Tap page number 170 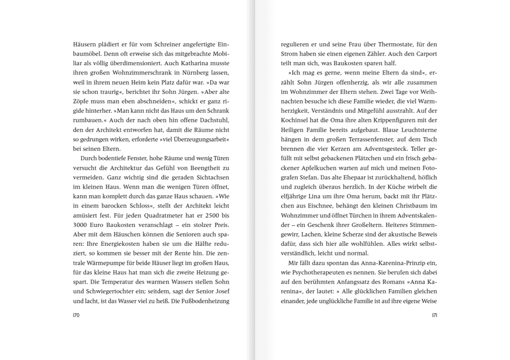click(x=77, y=316)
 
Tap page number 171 click(x=434, y=316)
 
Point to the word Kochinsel click(x=296, y=121)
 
